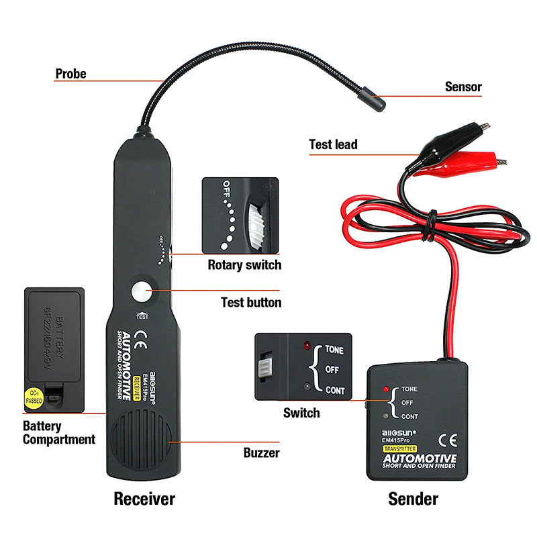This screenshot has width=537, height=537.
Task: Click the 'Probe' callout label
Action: (x=70, y=74)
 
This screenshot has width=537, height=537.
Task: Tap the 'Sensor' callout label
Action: (x=463, y=87)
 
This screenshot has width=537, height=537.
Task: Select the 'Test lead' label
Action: (x=333, y=144)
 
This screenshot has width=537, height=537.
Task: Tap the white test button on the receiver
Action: (x=142, y=293)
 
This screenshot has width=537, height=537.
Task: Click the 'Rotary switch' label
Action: (x=244, y=264)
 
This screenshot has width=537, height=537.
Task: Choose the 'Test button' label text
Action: (x=251, y=303)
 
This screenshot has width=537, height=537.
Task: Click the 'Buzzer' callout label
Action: (x=261, y=452)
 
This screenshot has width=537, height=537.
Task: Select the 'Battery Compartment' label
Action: (x=59, y=433)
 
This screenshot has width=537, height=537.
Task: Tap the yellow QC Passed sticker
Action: (x=33, y=396)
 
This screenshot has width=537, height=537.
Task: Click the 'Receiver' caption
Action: (x=144, y=499)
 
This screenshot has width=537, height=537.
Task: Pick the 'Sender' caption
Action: (x=413, y=499)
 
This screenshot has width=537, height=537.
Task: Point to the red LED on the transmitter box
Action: (x=385, y=389)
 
